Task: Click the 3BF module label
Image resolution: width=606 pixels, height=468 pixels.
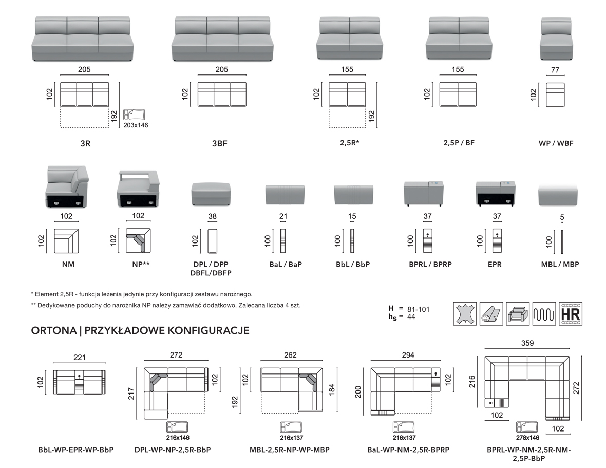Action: (x=219, y=144)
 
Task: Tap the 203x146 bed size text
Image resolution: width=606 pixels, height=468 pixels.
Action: (x=136, y=125)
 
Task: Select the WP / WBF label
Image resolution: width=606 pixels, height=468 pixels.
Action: (x=556, y=143)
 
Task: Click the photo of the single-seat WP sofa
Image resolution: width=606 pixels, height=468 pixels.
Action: (x=556, y=39)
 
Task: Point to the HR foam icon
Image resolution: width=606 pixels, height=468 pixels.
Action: (x=571, y=313)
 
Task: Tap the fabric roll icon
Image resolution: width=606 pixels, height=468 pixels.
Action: (x=492, y=313)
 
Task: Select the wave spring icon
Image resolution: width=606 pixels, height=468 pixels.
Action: (x=544, y=313)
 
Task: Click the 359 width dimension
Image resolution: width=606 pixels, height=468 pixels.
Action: (x=527, y=343)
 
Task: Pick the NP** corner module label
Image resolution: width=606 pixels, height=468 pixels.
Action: (x=139, y=265)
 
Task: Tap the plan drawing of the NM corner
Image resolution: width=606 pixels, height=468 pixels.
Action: (x=66, y=240)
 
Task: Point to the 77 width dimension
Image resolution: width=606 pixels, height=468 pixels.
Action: (x=555, y=70)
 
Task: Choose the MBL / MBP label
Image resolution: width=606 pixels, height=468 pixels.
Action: (x=560, y=265)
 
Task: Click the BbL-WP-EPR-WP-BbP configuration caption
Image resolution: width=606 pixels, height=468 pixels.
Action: (x=76, y=450)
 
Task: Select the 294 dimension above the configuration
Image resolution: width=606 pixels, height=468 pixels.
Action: (x=408, y=355)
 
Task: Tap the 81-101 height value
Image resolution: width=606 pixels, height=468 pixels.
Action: (x=417, y=309)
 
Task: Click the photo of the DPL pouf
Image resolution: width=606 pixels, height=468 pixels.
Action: (x=213, y=193)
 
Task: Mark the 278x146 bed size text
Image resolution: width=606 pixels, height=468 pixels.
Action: (x=528, y=438)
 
